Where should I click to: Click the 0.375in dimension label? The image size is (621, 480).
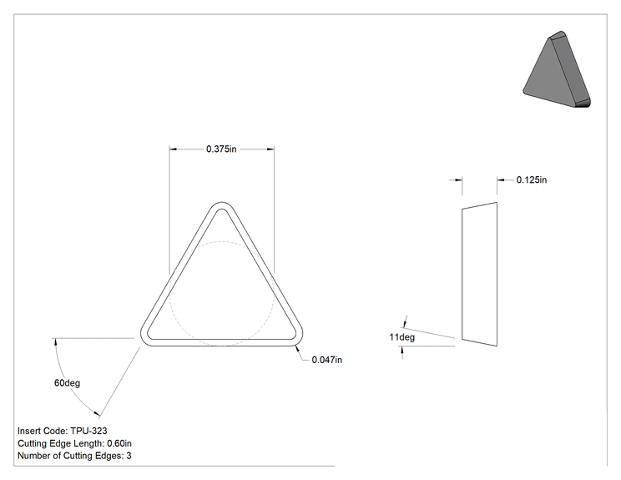[221, 149]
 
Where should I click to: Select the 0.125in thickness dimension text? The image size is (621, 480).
[532, 179]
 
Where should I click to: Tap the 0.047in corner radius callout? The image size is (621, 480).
[326, 360]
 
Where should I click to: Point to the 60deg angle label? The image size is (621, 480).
[67, 383]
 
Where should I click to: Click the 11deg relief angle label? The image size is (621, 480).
[402, 337]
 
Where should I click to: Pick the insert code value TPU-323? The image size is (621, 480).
[88, 431]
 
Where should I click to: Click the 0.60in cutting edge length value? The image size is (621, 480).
[119, 443]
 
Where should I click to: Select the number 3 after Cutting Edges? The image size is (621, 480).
[129, 456]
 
